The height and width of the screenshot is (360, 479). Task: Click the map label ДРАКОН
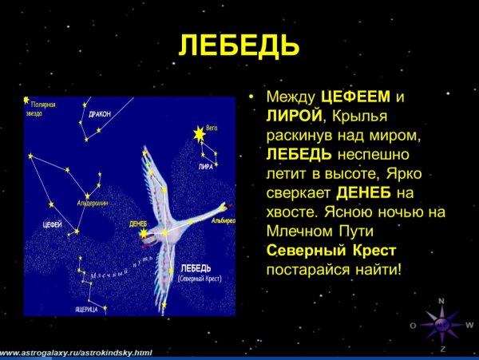(x=100, y=114)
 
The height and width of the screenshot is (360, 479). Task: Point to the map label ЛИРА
(x=206, y=167)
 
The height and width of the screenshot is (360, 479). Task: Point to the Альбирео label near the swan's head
(x=223, y=219)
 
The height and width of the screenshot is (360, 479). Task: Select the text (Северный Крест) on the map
(x=200, y=278)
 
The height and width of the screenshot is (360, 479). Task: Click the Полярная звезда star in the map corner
(x=26, y=102)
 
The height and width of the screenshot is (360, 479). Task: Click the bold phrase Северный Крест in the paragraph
(x=330, y=251)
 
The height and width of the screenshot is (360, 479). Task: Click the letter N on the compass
(x=441, y=302)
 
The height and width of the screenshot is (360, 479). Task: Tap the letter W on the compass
(x=469, y=325)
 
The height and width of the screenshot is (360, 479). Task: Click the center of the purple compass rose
(x=441, y=326)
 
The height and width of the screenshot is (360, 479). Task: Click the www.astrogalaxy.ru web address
(x=76, y=352)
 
